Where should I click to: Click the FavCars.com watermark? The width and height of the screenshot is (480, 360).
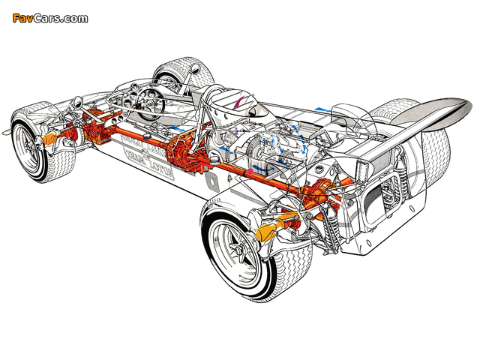tap(49, 17)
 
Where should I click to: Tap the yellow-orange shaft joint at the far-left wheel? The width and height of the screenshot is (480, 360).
tap(50, 139)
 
